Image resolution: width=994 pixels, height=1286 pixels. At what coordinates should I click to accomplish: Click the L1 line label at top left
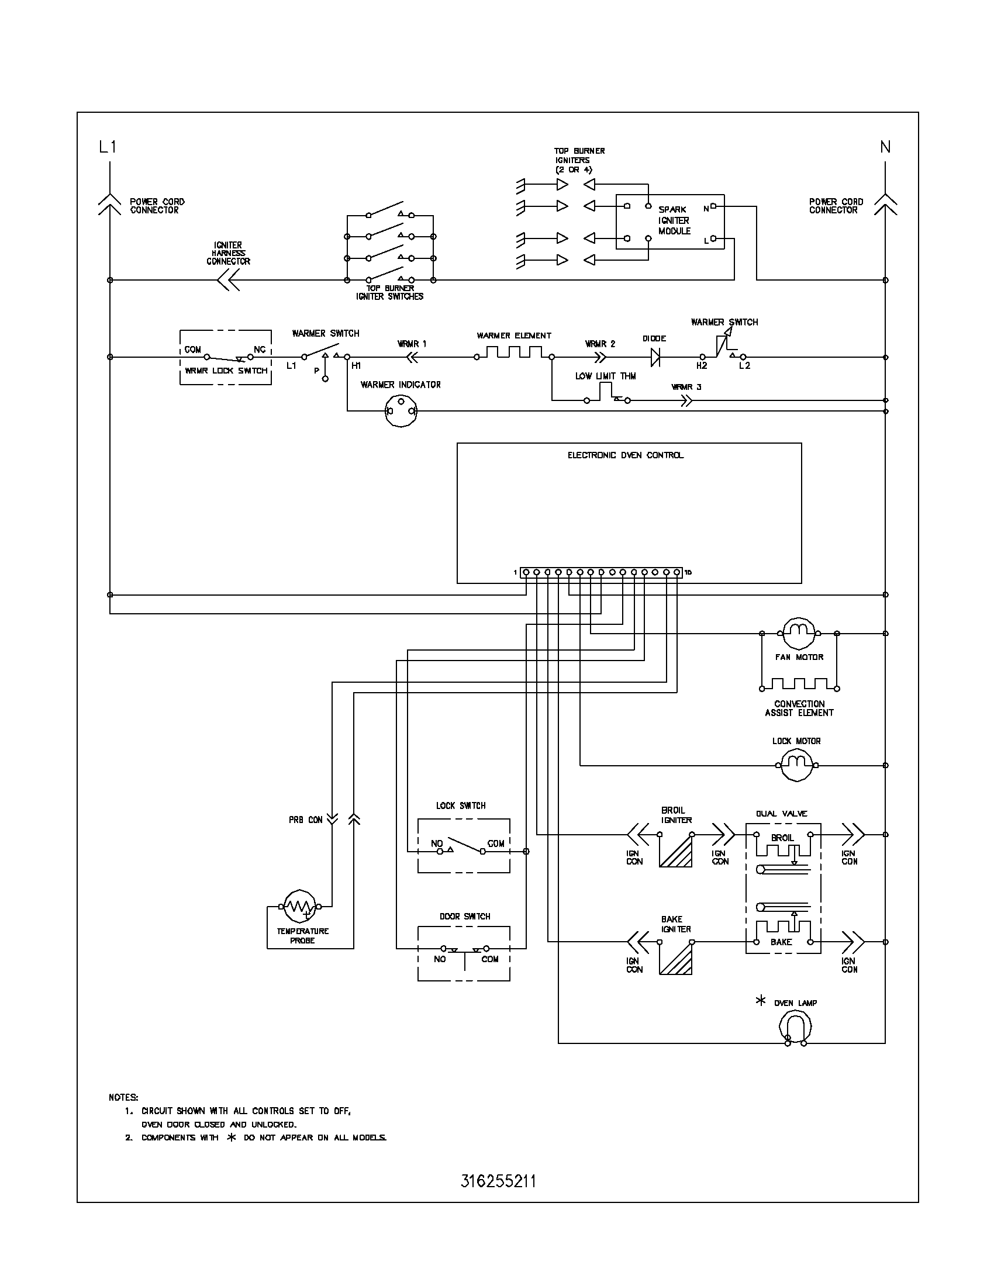click(x=108, y=147)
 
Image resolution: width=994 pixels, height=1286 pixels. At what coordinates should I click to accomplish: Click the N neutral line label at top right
click(x=885, y=147)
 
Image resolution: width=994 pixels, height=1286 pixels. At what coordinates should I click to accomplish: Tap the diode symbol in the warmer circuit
click(x=655, y=357)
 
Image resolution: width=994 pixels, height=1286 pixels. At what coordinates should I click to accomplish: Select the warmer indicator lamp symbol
click(x=401, y=411)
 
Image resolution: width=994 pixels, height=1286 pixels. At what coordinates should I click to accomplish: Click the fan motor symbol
click(x=799, y=634)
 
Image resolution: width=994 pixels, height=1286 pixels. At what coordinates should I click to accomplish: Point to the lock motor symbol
click(x=797, y=766)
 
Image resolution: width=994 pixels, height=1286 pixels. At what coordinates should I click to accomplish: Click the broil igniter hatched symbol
click(x=676, y=851)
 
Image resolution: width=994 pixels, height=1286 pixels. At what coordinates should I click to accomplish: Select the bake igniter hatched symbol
click(x=676, y=958)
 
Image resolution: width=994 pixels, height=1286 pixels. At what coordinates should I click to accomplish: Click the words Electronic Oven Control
click(x=626, y=455)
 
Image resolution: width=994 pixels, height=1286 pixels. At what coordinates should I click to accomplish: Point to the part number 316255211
click(x=498, y=1181)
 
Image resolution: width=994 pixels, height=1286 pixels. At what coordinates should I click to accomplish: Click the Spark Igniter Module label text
click(x=674, y=220)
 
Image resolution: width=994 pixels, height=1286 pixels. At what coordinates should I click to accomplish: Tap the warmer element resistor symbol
click(x=513, y=352)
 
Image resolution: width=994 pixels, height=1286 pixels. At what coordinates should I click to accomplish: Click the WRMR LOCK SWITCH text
click(x=226, y=371)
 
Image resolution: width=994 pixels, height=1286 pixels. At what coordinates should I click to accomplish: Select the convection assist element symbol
click(x=800, y=685)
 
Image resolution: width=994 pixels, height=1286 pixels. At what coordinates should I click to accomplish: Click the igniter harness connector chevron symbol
click(x=228, y=280)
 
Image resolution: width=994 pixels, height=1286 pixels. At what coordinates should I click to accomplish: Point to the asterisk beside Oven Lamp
click(x=761, y=1000)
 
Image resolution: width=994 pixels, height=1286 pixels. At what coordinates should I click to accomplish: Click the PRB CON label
click(x=306, y=820)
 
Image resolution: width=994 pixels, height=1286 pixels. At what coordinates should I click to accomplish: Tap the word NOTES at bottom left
click(x=123, y=1097)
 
